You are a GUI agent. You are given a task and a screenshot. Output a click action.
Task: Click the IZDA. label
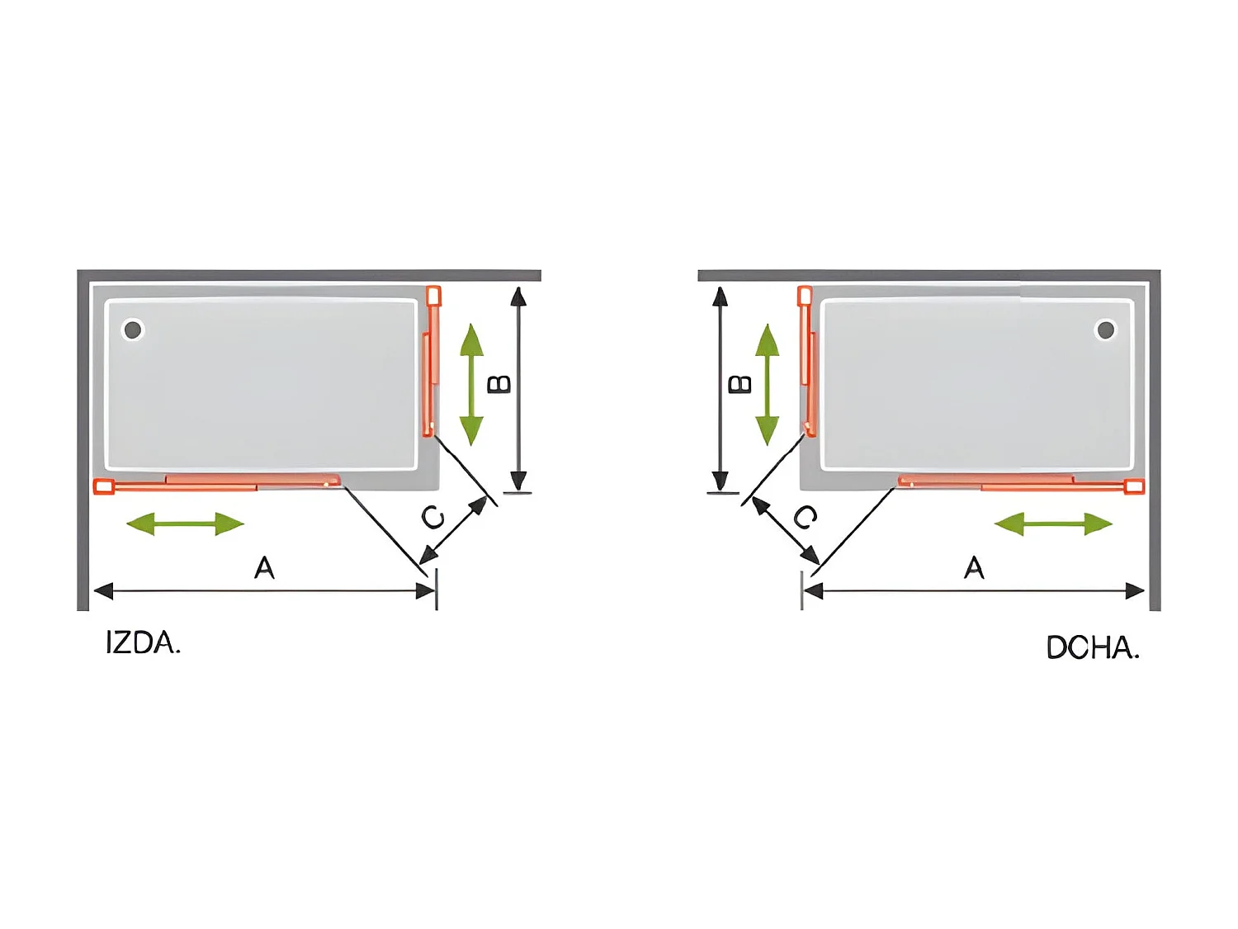point(143,642)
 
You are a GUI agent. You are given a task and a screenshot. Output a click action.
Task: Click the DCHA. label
point(1092,647)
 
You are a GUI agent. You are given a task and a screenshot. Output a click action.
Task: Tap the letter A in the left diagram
point(264,568)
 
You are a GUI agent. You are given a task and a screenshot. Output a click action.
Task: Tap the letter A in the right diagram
point(974,568)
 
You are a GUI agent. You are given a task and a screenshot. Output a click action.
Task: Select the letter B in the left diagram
point(499,384)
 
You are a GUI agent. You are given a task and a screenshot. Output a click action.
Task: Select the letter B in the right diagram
point(740,384)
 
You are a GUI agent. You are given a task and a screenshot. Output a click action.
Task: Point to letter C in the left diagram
point(432,518)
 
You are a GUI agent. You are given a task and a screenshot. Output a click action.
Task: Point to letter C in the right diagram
point(806,518)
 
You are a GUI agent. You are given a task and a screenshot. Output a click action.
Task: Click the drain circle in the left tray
point(133,330)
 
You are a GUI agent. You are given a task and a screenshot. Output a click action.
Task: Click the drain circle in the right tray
point(1105,330)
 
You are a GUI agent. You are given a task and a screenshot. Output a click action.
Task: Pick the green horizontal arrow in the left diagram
point(186,524)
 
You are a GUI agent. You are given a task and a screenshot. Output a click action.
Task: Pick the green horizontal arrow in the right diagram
point(1053,524)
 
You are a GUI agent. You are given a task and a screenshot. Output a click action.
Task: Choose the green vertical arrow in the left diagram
point(471,384)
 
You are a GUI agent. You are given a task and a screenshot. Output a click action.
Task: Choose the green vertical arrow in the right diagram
point(768,384)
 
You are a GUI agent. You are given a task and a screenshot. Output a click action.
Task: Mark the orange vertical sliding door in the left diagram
point(432,363)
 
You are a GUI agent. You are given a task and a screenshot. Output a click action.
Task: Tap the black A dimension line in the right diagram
point(974,590)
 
